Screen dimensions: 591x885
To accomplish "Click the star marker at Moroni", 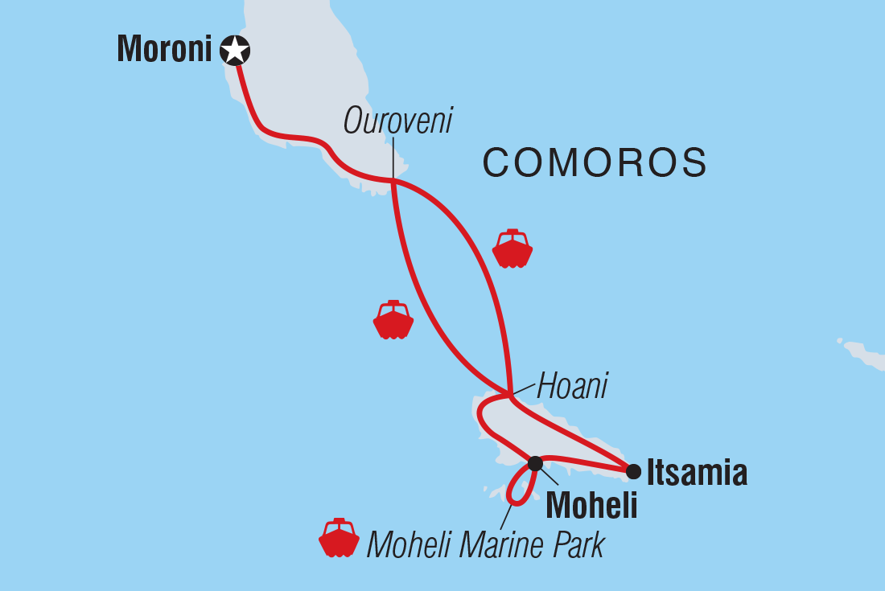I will coord(234,51).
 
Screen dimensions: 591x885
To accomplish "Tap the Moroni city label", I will coord(164,50).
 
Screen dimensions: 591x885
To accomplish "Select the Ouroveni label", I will coord(398,121).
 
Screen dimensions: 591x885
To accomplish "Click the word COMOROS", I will coord(595,163).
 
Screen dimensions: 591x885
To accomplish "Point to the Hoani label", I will coord(572,387).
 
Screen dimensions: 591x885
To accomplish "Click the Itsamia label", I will coord(697,473).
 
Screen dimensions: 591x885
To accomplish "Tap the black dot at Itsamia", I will coord(634,471).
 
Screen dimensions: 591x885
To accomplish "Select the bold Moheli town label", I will coord(591,506).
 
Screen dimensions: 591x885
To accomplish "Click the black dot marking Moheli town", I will coord(535,462).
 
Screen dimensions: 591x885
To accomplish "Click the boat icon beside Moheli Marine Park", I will coord(339,538).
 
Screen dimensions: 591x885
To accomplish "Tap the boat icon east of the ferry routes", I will coord(512,249).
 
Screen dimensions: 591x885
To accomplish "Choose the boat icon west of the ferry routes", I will coord(393,320).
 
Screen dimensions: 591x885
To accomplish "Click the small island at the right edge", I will coord(862,354).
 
